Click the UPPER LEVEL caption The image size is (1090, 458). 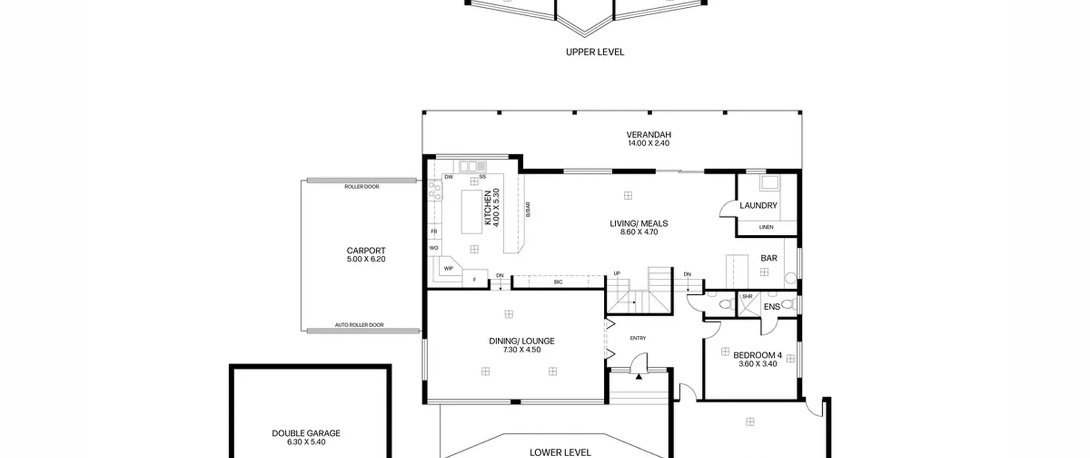coord(595,52)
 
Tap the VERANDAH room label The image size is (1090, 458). coord(648,135)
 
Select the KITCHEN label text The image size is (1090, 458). coord(488,207)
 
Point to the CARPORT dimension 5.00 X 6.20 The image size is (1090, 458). coord(366,259)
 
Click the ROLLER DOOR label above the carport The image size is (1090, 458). coord(361,187)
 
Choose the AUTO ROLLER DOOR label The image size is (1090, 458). coord(359,325)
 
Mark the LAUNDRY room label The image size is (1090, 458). coord(758,205)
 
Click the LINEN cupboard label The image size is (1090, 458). coord(766,227)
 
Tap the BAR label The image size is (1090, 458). coord(769,258)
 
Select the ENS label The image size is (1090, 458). coord(772,307)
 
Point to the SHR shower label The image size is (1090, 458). coord(747,296)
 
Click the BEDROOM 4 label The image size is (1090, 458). coord(757,355)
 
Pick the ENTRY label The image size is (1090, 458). coord(638,338)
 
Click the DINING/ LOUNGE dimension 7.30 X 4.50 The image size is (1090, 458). coord(522,350)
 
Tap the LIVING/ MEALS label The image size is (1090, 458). coord(639,223)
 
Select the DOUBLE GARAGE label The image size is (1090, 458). coord(306,433)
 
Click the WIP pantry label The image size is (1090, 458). coord(448,268)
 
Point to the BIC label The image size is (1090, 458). coord(558,282)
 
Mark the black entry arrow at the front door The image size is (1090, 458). coord(639,376)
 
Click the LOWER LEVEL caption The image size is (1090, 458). coord(560,452)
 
